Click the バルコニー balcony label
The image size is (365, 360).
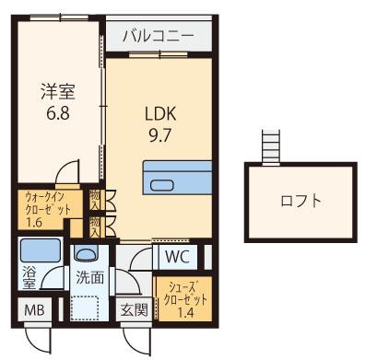tap(156, 39)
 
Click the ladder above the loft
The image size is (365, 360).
tap(270, 145)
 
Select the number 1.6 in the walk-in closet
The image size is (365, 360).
tap(36, 221)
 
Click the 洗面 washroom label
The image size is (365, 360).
tap(89, 277)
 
